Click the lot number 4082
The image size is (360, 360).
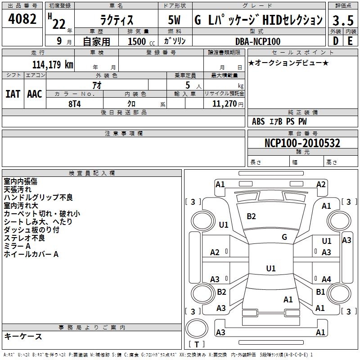tap(22, 19)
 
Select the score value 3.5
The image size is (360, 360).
tap(343, 20)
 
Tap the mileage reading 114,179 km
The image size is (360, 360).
tap(53, 64)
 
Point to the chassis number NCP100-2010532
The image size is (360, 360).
tap(302, 143)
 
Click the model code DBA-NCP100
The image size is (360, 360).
tap(258, 41)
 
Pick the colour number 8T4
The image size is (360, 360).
tap(75, 104)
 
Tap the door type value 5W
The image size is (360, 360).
tap(174, 20)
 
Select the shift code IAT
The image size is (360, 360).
tap(13, 94)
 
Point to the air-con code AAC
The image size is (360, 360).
tap(35, 94)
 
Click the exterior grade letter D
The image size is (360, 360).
tap(336, 41)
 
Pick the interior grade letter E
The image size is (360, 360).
tap(350, 41)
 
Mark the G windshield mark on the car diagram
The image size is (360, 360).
tap(284, 237)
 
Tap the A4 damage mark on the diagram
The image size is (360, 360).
tap(326, 279)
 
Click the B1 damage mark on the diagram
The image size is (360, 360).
tap(320, 292)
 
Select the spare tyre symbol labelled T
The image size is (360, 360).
tap(197, 344)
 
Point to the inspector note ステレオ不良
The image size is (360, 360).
tap(24, 238)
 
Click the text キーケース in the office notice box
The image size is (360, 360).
tap(23, 336)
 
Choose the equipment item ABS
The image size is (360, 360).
tap(258, 121)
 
